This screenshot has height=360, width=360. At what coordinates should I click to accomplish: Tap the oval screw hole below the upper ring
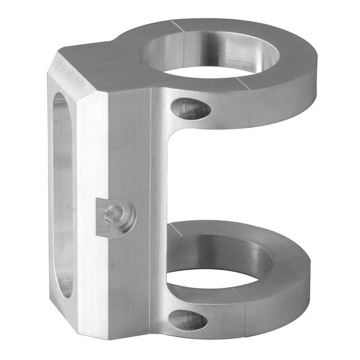point(191,108)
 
